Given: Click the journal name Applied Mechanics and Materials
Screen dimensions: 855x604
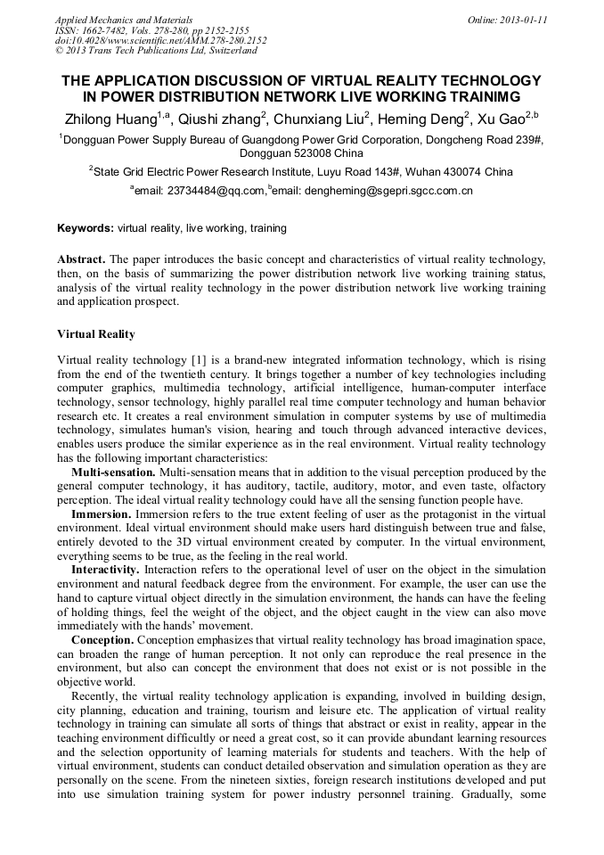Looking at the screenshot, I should pos(124,20).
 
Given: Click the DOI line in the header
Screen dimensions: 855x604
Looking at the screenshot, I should pos(160,40).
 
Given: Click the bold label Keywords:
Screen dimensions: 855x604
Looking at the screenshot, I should pos(86,228).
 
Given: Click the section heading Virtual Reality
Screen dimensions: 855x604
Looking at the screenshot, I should pos(96,334).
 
